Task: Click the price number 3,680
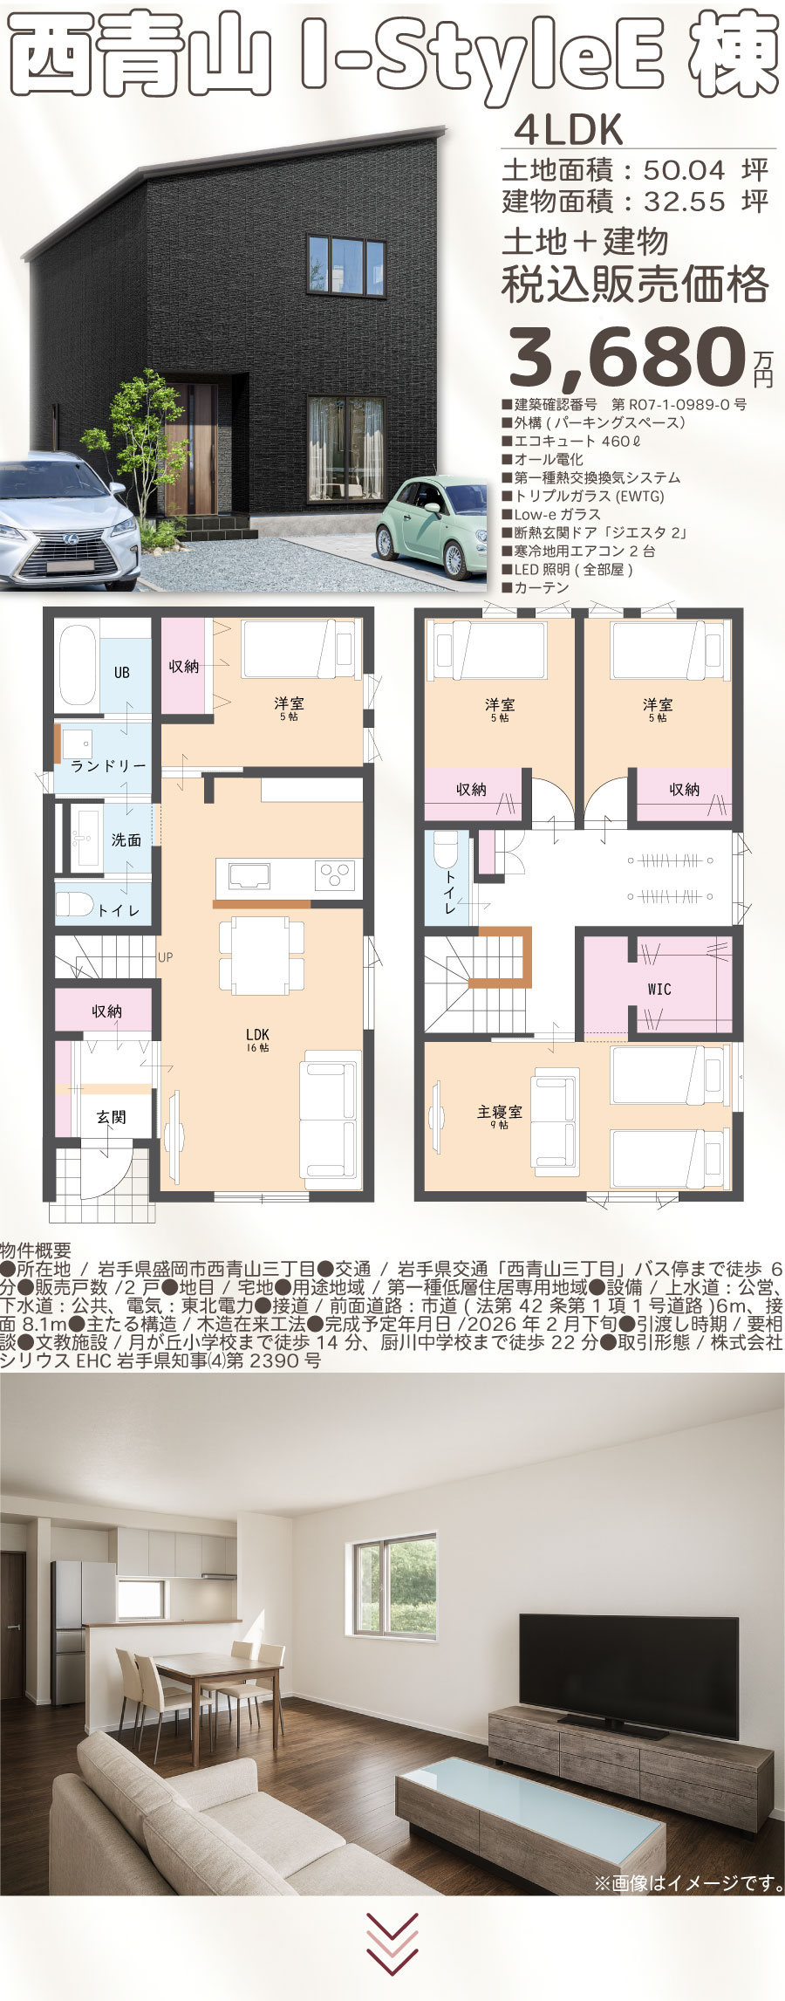(625, 356)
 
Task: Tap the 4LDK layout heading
(569, 130)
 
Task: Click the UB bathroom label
(122, 672)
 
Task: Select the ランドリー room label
(109, 765)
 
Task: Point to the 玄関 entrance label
(112, 1116)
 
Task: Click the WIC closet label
(659, 989)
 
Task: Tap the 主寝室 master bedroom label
(499, 1112)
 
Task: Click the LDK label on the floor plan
(257, 1034)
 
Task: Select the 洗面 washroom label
(126, 839)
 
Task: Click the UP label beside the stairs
(166, 957)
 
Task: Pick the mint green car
(431, 527)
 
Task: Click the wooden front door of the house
(191, 449)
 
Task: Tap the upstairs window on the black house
(346, 264)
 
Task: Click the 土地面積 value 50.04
(685, 169)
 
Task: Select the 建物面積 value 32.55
(685, 202)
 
